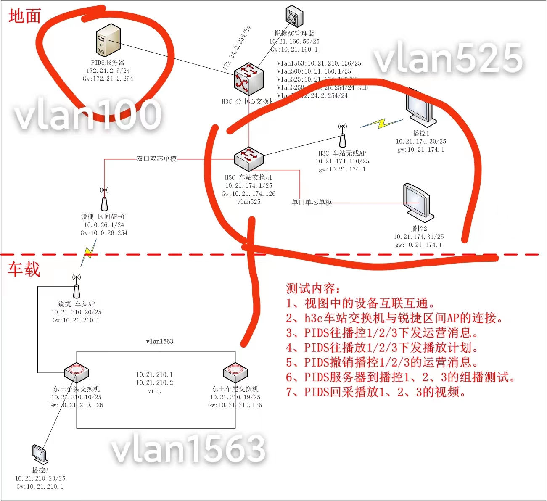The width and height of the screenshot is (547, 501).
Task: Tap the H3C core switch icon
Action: (x=248, y=79)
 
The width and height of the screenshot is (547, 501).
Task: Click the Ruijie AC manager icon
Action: (x=294, y=17)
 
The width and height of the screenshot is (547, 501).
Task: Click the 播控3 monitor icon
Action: (x=40, y=454)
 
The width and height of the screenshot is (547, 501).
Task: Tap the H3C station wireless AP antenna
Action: (x=343, y=135)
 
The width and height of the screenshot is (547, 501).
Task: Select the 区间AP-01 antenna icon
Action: (x=104, y=199)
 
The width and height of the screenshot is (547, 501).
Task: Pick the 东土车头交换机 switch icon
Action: (x=76, y=372)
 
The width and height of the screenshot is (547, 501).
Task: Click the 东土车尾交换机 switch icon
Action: (x=235, y=372)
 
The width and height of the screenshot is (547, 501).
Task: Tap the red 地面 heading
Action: (x=24, y=16)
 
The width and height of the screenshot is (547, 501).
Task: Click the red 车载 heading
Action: (x=24, y=269)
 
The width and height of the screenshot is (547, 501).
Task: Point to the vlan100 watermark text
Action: (x=88, y=114)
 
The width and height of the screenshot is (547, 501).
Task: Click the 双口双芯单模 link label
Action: (x=156, y=159)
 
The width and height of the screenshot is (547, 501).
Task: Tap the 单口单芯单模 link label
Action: (x=312, y=203)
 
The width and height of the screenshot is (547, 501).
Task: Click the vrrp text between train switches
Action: (x=154, y=391)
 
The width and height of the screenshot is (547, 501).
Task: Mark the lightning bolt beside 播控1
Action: (x=381, y=123)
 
